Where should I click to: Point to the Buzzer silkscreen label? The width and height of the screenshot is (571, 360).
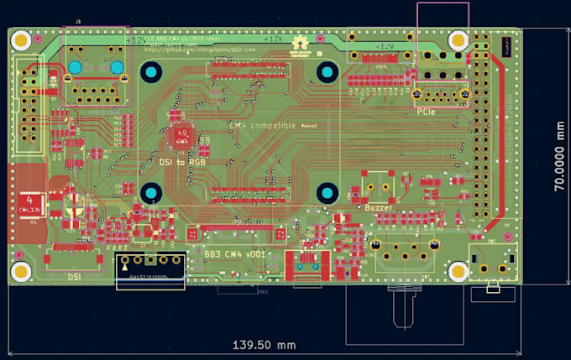[380, 206]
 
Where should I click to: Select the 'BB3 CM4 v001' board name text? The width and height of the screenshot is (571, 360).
[233, 252]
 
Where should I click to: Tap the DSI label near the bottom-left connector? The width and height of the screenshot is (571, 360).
[74, 275]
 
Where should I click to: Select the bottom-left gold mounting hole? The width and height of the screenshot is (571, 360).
[20, 271]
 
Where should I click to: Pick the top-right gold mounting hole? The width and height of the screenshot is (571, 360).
[458, 39]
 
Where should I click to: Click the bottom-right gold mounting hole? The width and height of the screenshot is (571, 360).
[458, 271]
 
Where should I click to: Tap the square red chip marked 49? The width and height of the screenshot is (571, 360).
[182, 135]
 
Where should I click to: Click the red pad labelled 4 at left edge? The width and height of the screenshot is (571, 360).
[30, 200]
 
